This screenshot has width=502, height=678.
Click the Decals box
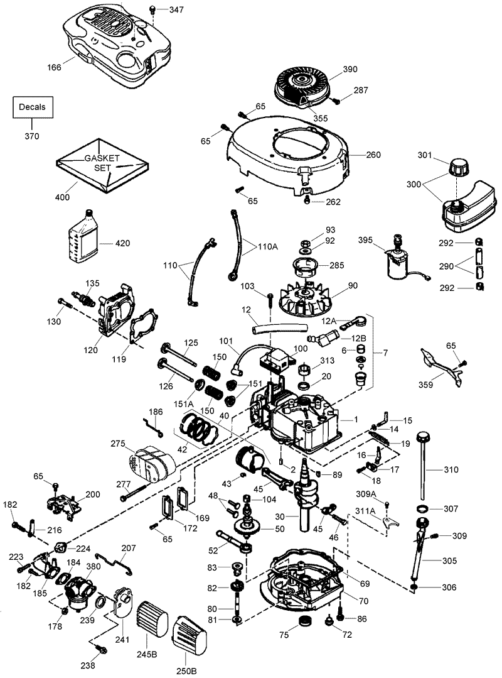(x=32, y=107)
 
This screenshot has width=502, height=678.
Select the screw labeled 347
(x=152, y=9)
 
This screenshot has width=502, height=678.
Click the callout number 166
(x=55, y=67)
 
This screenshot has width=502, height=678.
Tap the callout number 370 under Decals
(x=31, y=136)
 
